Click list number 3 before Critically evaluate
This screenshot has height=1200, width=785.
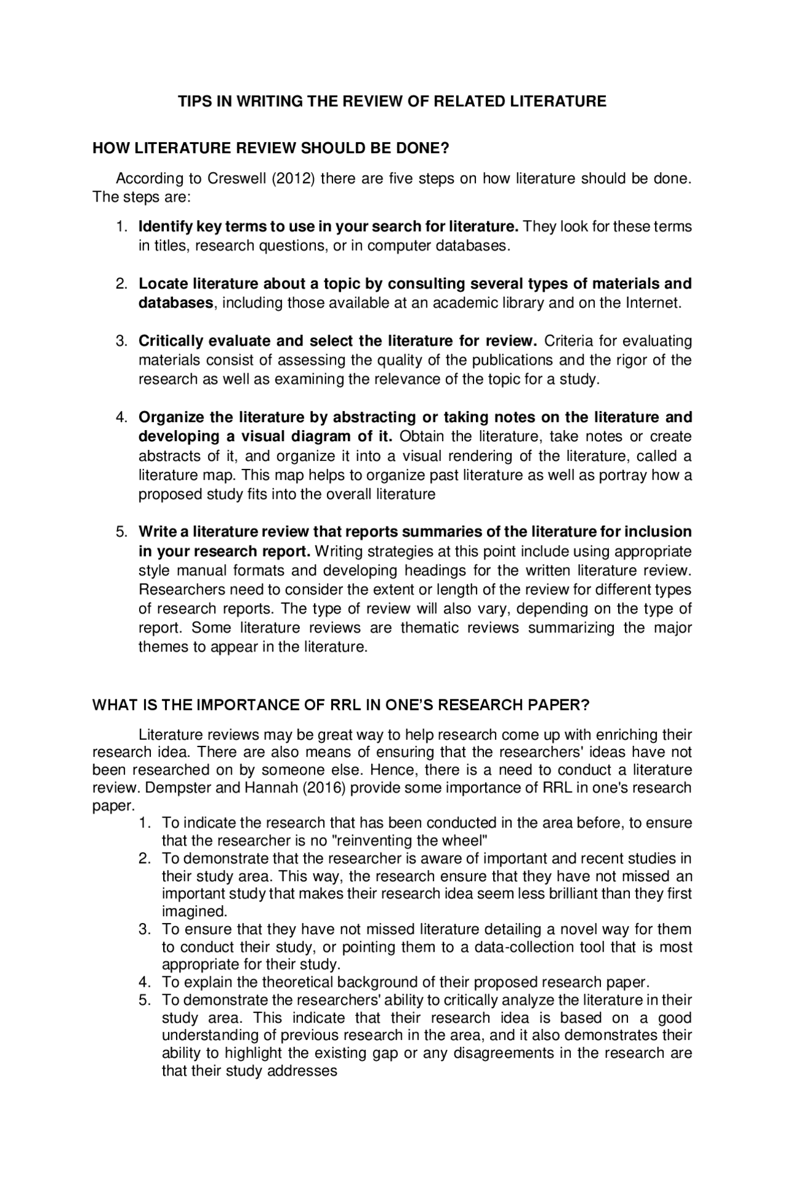click(121, 341)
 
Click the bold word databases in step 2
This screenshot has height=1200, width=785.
click(175, 303)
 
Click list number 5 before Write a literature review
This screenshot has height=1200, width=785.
click(121, 532)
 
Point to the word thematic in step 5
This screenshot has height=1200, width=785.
click(431, 628)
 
